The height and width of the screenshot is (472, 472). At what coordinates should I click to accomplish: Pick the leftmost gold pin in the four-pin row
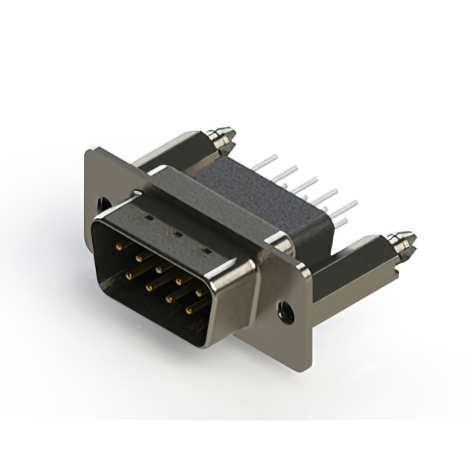pos(129,274)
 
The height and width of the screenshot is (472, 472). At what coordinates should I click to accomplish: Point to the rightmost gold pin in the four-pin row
pos(190,310)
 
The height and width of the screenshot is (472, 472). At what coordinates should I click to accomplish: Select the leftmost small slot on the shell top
pos(148,219)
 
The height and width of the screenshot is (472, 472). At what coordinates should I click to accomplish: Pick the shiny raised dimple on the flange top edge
pos(278,241)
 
